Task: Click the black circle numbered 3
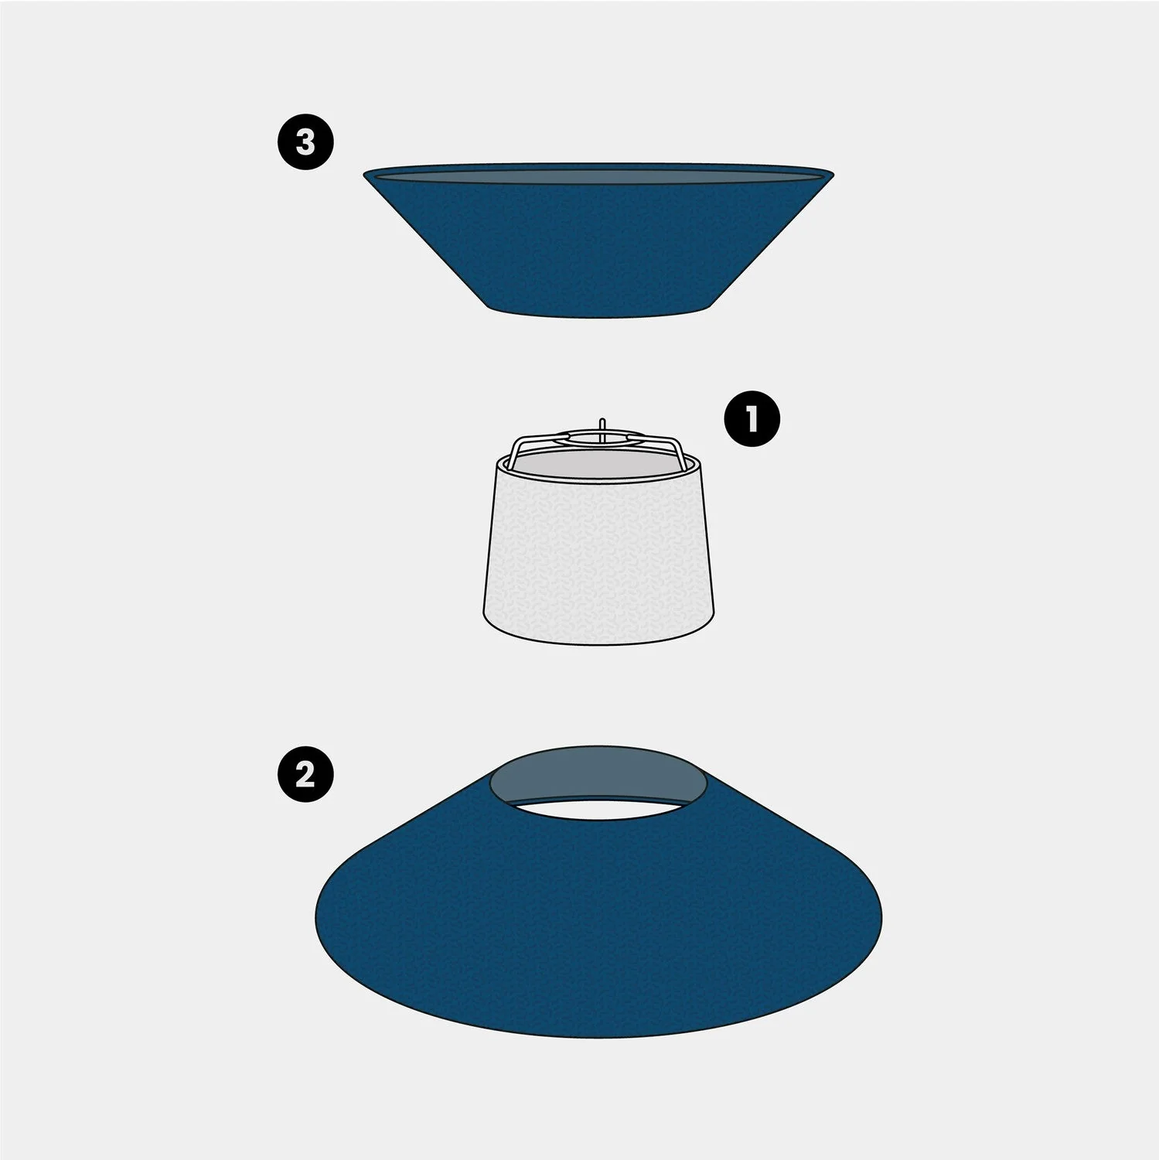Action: click(x=305, y=142)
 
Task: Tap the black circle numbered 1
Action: click(x=752, y=419)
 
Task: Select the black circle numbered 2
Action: click(x=305, y=773)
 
